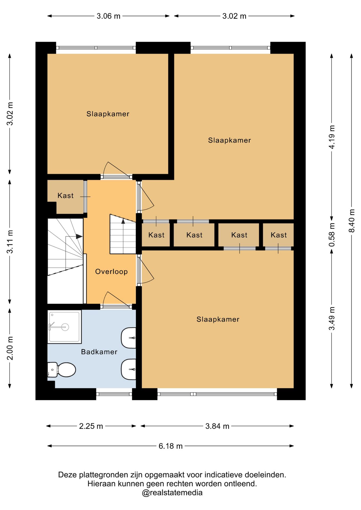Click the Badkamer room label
point(99,352)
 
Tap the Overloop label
point(111,271)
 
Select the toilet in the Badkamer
point(62,370)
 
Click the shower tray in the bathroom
point(64,327)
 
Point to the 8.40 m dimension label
point(352,220)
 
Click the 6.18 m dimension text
point(171,446)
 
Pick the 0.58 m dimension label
point(332,235)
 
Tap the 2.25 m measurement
point(91,426)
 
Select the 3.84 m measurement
point(217,426)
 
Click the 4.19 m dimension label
point(332,137)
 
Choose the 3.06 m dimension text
point(108,16)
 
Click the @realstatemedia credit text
point(172,492)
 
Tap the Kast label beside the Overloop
point(65,195)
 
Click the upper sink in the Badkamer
point(129,338)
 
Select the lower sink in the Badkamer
point(129,369)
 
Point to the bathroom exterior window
point(114,394)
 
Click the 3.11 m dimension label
point(10,242)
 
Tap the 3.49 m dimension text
point(332,318)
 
